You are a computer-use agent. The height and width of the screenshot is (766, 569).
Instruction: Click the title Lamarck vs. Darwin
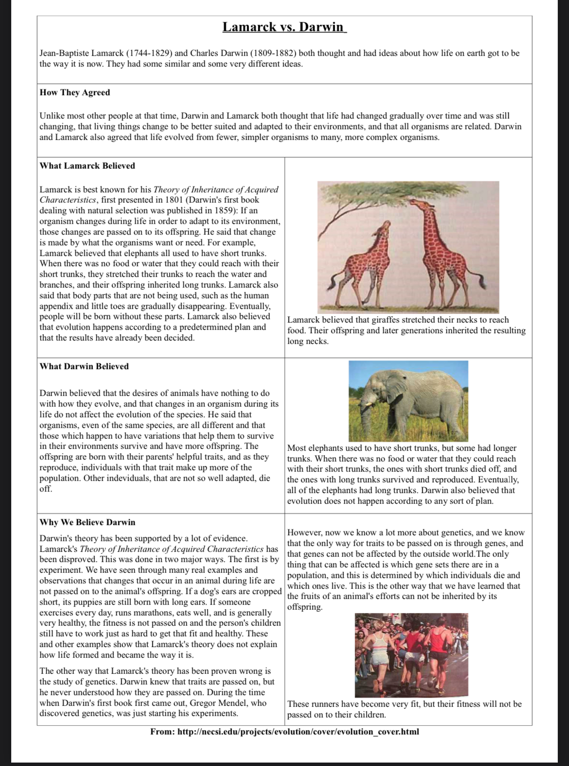(284, 27)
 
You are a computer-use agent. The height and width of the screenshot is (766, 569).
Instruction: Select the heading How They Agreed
(75, 92)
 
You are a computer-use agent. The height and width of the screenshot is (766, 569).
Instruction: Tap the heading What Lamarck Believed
(88, 166)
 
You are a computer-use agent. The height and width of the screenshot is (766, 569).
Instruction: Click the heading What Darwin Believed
(84, 366)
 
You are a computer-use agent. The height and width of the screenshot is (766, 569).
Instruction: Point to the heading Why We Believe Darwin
(88, 522)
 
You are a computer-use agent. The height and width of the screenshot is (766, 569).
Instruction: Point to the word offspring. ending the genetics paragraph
(305, 607)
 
